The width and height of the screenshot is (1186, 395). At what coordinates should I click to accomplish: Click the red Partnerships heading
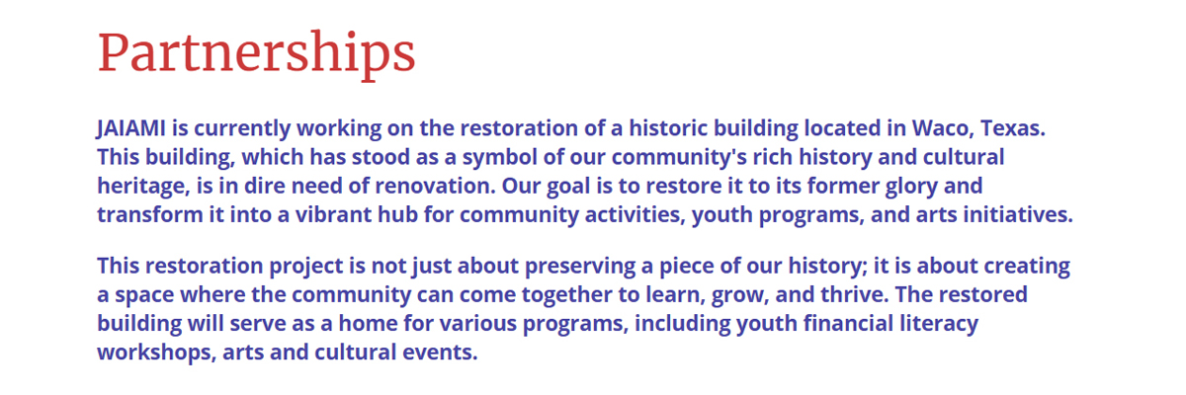click(x=256, y=54)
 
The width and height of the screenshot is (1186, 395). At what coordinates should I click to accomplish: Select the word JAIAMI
click(x=130, y=128)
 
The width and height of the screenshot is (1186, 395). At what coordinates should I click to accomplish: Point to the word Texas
click(x=1013, y=128)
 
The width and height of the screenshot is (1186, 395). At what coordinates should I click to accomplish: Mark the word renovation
click(x=435, y=186)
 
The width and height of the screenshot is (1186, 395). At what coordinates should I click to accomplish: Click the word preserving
click(x=580, y=267)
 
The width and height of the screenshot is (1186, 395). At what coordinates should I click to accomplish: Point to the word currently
click(x=242, y=129)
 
